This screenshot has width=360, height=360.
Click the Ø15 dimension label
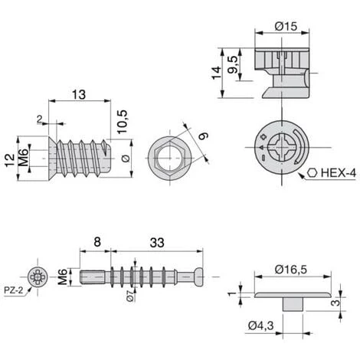[x=286, y=26]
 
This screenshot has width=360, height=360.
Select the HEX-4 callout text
[x=339, y=173]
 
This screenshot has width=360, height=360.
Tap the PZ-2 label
[x=14, y=290]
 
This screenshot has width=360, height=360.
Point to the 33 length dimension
[x=157, y=243]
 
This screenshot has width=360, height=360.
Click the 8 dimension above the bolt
[x=97, y=242]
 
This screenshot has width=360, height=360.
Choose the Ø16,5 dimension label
[x=291, y=270]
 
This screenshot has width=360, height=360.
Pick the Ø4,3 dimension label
[x=260, y=326]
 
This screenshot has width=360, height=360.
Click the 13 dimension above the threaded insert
[x=79, y=95]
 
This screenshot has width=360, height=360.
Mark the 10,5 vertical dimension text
[x=123, y=122]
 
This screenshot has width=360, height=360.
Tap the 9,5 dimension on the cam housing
[x=233, y=65]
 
